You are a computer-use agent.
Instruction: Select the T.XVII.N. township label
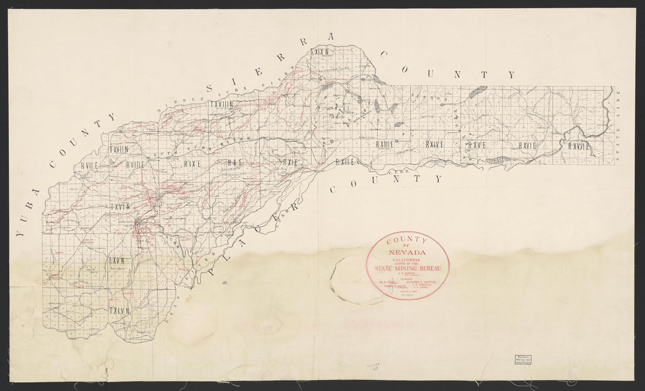click(x=118, y=150)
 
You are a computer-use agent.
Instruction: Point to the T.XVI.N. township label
click(x=118, y=207)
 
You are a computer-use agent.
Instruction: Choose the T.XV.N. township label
click(x=118, y=258)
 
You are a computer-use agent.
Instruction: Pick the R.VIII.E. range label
click(x=135, y=165)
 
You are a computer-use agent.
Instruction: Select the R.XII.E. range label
click(x=343, y=161)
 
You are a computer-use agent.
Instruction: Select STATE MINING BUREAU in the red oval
click(x=408, y=268)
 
